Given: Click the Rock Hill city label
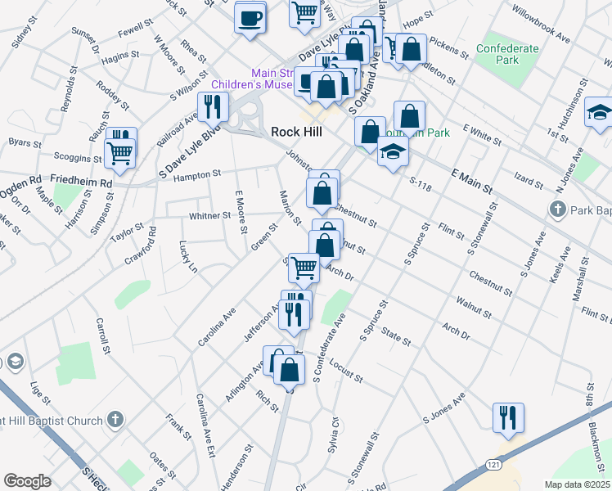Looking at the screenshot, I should pyautogui.click(x=296, y=132).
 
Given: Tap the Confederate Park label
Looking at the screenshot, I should pyautogui.click(x=507, y=54).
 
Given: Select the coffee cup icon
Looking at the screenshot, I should pyautogui.click(x=250, y=16).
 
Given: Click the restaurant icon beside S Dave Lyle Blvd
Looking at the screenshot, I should pyautogui.click(x=213, y=107).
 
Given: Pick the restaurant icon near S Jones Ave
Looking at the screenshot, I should pyautogui.click(x=508, y=417).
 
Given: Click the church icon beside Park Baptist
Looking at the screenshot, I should pyautogui.click(x=557, y=209).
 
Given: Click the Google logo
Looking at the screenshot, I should pyautogui.click(x=27, y=481).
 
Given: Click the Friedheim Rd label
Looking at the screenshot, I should pyautogui.click(x=80, y=182).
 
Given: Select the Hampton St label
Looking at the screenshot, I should pyautogui.click(x=194, y=173).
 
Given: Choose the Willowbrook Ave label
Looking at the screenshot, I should pyautogui.click(x=540, y=24).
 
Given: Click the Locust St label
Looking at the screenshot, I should pyautogui.click(x=347, y=374).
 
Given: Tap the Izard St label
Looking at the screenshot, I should pyautogui.click(x=529, y=181).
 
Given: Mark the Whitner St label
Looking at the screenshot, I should pyautogui.click(x=209, y=216).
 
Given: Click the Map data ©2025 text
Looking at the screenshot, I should pyautogui.click(x=577, y=484).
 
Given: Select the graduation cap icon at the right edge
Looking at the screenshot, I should pyautogui.click(x=598, y=112).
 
